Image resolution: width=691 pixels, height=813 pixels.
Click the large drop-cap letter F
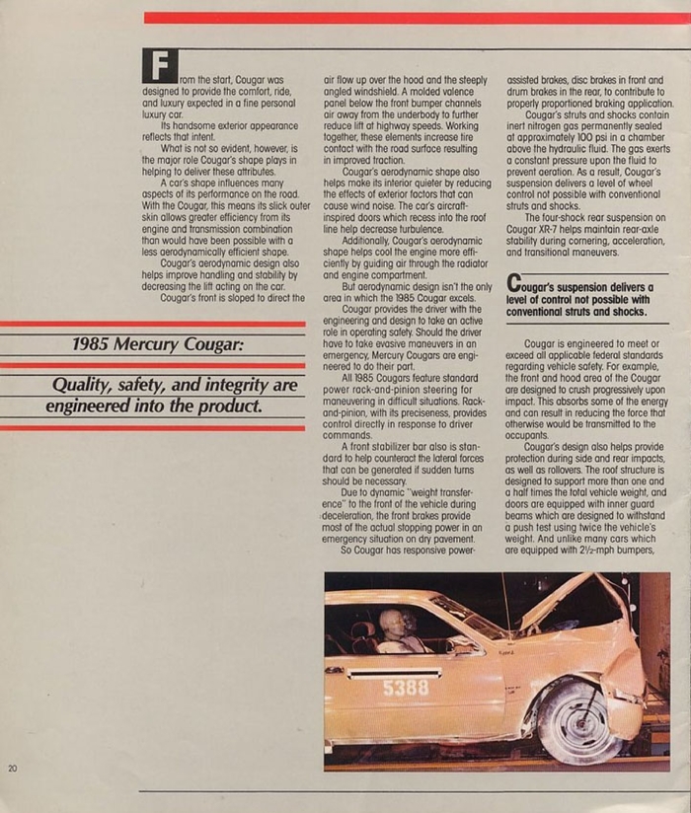(159, 65)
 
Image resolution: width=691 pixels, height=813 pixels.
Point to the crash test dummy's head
(393, 623)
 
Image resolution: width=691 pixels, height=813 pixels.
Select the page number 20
(12, 769)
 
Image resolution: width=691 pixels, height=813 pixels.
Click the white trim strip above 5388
(395, 673)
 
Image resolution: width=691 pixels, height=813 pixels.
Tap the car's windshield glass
(470, 617)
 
